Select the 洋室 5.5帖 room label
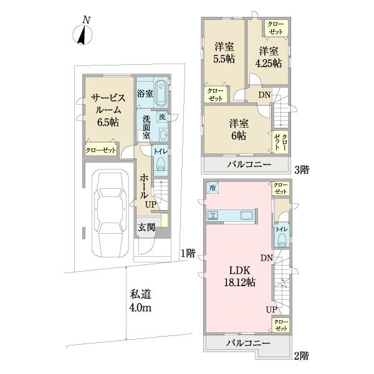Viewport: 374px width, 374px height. point(224,52)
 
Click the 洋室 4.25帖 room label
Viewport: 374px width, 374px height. point(269,56)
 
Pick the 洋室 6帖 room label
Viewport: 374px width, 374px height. point(237,129)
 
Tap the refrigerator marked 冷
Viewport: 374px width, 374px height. point(213,187)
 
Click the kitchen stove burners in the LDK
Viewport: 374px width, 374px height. point(213,216)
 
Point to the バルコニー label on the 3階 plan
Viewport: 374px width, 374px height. point(247,165)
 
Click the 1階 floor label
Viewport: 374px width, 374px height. point(187,253)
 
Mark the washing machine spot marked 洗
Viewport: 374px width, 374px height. point(162,117)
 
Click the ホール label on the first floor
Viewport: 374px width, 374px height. point(143,185)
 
